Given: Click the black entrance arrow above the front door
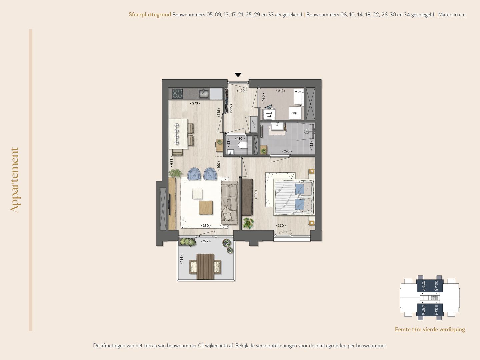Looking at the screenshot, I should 238,75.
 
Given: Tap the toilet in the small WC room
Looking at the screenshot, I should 243,145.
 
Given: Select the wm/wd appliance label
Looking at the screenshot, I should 269,115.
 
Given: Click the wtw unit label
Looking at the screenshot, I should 298,91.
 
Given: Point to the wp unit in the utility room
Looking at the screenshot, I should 295,113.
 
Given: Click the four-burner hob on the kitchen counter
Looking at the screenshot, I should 177,94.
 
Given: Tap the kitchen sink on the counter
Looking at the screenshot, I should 204,94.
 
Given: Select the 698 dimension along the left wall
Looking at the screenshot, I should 171,162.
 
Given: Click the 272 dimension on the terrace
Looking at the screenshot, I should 206,241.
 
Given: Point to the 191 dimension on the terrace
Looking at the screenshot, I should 182,259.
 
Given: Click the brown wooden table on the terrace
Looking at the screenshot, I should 205,267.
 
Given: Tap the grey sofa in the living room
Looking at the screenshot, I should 229,202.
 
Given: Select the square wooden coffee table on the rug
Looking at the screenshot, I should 206,207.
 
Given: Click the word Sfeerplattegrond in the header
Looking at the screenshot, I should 150,15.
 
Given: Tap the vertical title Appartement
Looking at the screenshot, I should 15,180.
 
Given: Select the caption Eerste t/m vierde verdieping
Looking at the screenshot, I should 430,329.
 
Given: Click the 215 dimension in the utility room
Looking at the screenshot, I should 281,91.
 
